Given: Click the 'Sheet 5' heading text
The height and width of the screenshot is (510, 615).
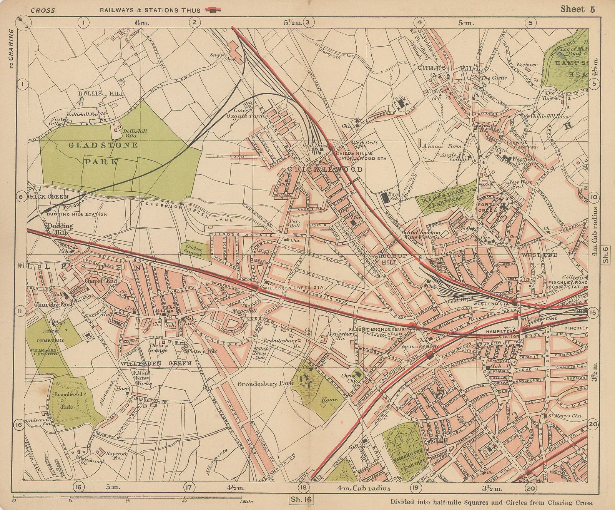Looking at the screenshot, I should pos(577,9).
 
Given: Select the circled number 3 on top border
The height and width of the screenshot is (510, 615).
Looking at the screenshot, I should pos(307,22).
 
